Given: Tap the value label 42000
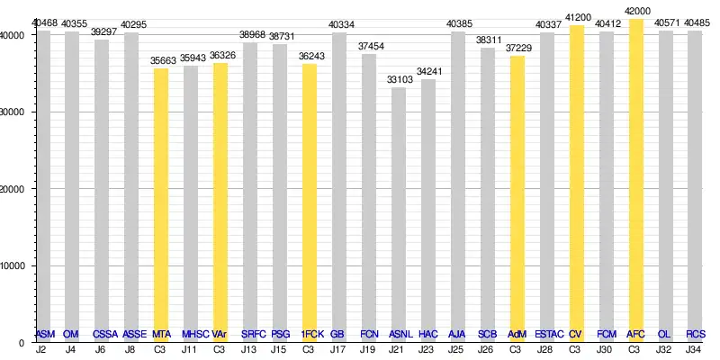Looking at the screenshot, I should point(635,10).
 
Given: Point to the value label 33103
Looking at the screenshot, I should point(399,79).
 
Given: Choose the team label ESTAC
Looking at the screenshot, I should point(548,335).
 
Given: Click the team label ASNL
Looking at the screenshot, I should point(400,335).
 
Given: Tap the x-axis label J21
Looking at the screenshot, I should point(398,349).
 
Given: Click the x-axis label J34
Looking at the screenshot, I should point(695,349).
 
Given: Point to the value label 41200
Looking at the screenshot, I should point(577,17).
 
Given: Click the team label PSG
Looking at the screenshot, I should point(280,335).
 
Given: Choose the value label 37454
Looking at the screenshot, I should point(369,46).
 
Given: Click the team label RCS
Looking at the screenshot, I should point(695,335).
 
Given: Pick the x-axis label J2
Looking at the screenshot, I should point(41,349).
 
